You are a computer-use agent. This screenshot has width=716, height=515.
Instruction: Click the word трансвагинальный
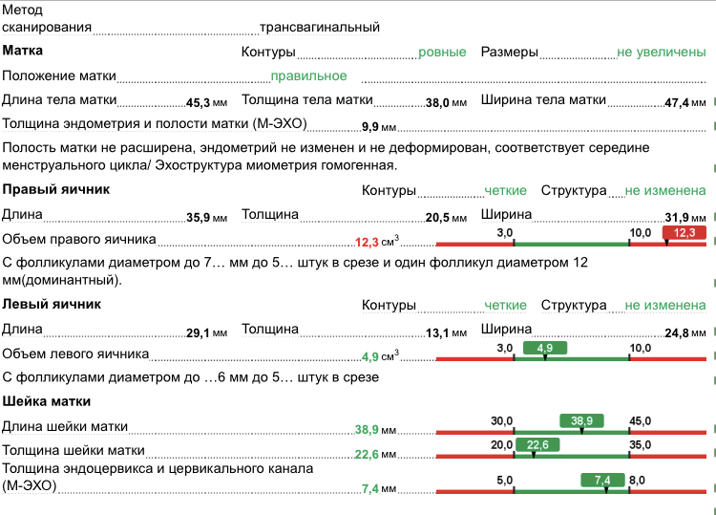[x=320, y=28]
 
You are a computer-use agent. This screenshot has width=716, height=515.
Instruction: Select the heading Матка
[x=23, y=51]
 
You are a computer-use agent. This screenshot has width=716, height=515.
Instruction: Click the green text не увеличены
[x=661, y=52]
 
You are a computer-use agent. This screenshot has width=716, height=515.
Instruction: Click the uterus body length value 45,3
[x=198, y=101]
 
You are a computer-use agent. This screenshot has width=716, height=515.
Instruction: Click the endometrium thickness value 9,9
[x=371, y=125]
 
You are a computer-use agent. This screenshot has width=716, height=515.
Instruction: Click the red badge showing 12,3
[x=684, y=232]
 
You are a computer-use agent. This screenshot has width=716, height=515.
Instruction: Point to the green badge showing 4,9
[x=545, y=348]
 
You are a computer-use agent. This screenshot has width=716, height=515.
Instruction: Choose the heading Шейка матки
[x=47, y=401]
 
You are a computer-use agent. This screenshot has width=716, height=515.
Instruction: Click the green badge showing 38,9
[x=581, y=420]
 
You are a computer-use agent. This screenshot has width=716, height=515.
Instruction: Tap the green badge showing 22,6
[x=537, y=444]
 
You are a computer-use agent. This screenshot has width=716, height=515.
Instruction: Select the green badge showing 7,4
[x=601, y=479]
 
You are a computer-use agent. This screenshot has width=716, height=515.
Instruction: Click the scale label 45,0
[x=640, y=420]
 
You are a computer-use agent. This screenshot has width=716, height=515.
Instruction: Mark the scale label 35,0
[x=640, y=444]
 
